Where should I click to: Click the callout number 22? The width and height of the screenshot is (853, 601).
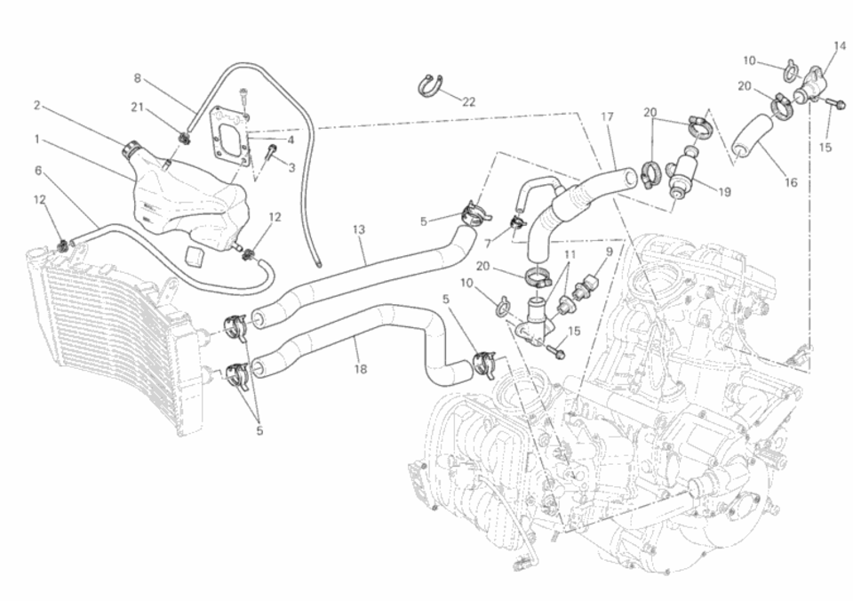click(468, 102)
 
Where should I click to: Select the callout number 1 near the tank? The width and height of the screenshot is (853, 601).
click(36, 139)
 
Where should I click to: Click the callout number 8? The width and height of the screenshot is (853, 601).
click(138, 78)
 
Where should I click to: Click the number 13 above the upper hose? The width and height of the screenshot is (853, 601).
click(359, 229)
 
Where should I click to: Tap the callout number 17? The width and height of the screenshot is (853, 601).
click(608, 116)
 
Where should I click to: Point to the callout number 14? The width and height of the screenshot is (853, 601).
click(840, 45)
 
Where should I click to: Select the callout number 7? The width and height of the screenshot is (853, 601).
click(487, 242)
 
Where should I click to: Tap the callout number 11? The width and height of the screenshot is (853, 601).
click(569, 254)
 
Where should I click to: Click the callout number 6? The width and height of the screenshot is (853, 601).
click(38, 170)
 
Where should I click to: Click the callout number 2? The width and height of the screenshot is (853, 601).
click(36, 106)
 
